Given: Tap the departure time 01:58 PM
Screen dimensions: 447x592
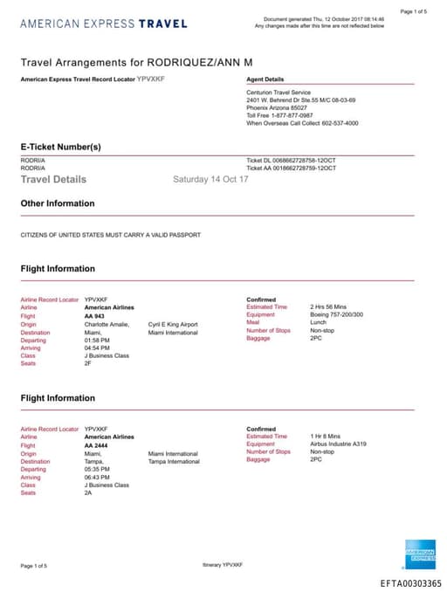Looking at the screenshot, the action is [x=97, y=340].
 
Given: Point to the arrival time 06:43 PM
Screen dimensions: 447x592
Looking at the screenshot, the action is [x=97, y=477].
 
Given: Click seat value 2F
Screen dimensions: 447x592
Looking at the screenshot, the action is [x=88, y=363].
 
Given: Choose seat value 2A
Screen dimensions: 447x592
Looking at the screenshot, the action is [x=88, y=492].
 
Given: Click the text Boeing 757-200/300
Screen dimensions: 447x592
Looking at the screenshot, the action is [x=338, y=315].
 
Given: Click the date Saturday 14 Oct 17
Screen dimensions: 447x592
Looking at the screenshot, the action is [x=210, y=179].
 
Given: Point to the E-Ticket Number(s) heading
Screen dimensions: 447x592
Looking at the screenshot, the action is [x=61, y=147].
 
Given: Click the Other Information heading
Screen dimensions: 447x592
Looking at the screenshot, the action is [x=58, y=203].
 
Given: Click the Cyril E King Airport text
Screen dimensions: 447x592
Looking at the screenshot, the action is [x=173, y=324].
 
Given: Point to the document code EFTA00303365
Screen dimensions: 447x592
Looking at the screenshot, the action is [x=410, y=583].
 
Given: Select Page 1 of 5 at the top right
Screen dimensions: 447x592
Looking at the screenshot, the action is [x=414, y=11].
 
